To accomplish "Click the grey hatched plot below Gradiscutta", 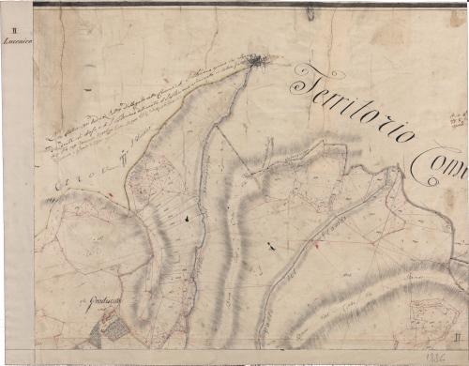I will pos(113,328).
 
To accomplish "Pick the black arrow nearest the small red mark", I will pos(272,247).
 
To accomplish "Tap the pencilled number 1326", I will pos(433,356).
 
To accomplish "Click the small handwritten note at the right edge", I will pos(459,118).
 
